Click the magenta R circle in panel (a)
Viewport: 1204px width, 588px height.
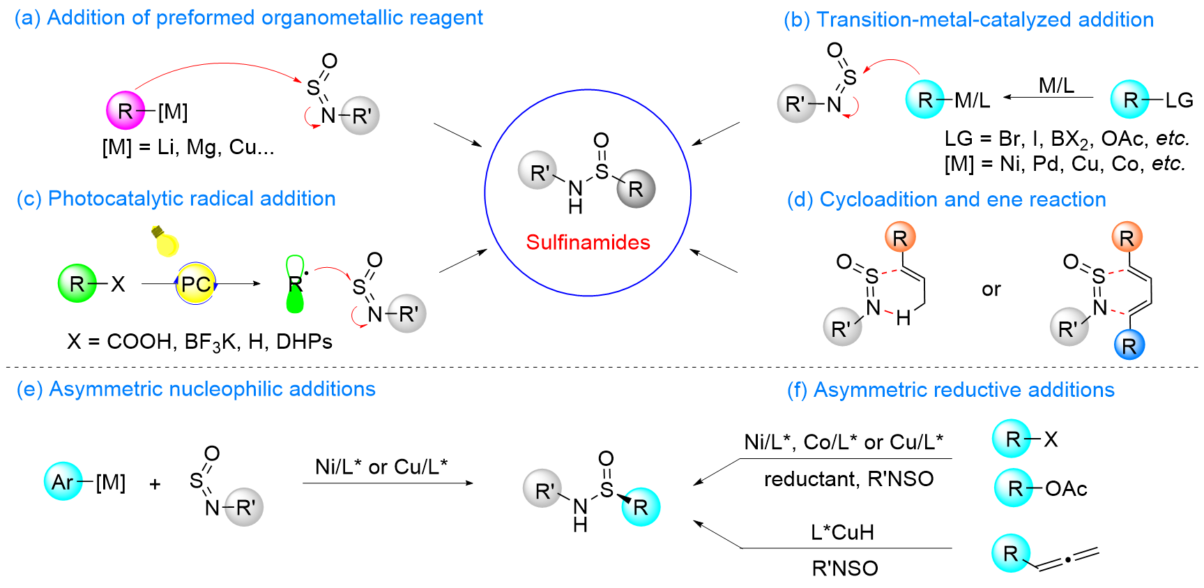click(125, 110)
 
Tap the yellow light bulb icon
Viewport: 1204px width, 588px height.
click(166, 241)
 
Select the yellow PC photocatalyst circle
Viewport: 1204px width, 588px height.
click(196, 284)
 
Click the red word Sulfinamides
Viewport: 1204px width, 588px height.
click(588, 242)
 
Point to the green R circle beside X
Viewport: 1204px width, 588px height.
click(77, 283)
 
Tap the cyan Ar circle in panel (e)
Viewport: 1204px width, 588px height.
click(63, 481)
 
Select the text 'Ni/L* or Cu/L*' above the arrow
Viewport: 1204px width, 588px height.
click(381, 466)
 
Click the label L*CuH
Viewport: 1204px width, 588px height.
click(842, 532)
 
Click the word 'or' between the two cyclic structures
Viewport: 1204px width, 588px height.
click(991, 289)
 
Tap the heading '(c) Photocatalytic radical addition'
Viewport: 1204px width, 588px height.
click(176, 199)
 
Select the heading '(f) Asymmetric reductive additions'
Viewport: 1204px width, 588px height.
click(951, 390)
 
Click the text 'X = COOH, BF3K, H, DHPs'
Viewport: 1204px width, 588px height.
click(199, 342)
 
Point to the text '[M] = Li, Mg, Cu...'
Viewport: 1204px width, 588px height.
click(188, 147)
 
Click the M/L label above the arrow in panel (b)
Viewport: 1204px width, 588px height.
click(1056, 86)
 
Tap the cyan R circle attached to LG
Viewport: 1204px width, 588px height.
click(1130, 99)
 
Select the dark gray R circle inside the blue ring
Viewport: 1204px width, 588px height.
click(636, 188)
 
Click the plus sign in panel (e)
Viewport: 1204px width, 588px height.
click(155, 483)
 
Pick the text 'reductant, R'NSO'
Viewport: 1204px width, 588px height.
click(848, 479)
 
